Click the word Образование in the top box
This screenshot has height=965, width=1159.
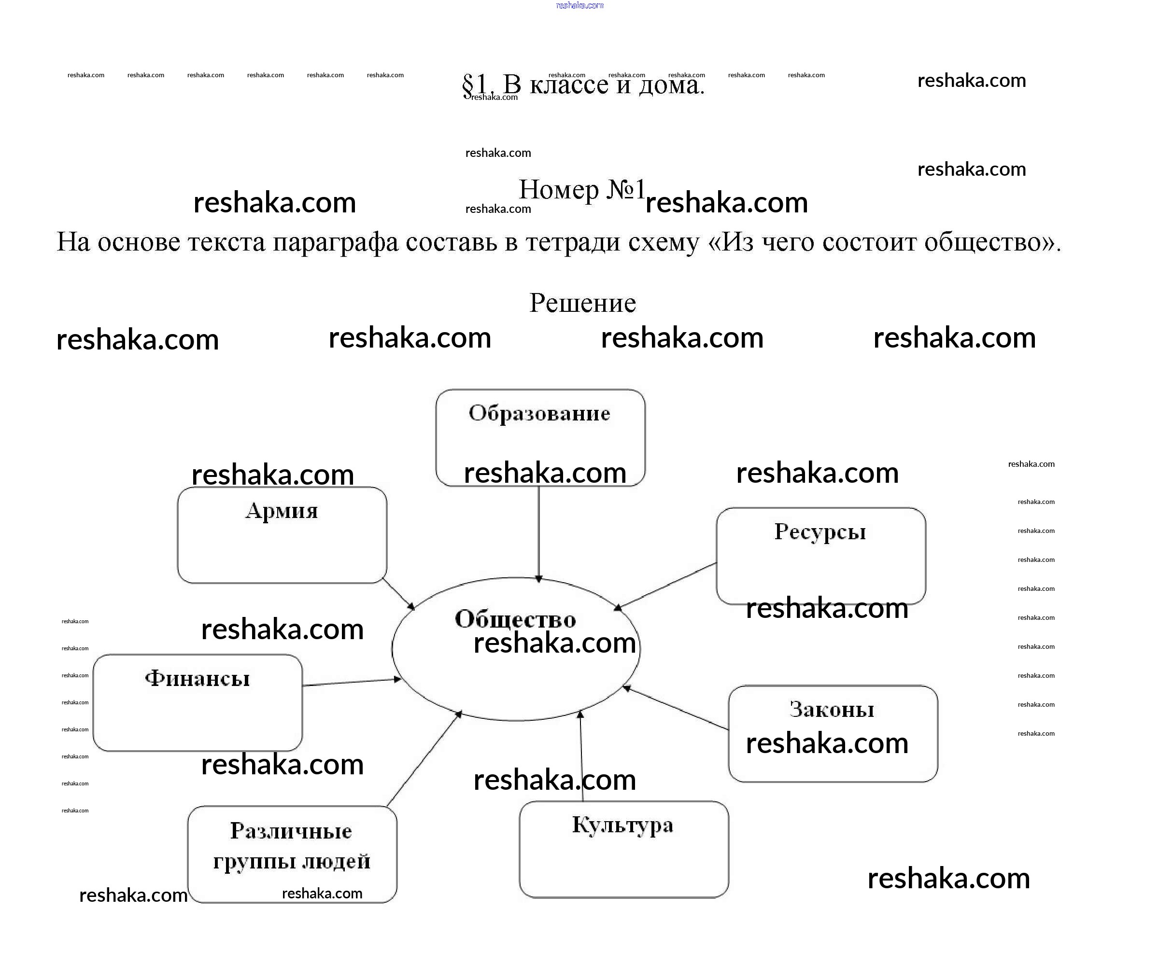click(539, 413)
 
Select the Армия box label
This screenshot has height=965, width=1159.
click(282, 511)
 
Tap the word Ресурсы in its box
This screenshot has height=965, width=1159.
click(820, 532)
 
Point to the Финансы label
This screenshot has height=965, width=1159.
click(197, 679)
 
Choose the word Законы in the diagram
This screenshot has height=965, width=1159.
click(832, 710)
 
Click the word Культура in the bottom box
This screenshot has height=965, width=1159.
click(622, 825)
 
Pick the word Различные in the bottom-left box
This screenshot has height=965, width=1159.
click(291, 831)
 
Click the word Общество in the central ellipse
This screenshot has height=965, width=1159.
click(515, 619)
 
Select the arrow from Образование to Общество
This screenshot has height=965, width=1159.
click(538, 532)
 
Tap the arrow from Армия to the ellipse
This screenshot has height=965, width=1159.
click(398, 594)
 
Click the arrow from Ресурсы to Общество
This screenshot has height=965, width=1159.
click(667, 586)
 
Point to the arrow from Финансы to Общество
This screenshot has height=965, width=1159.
click(352, 683)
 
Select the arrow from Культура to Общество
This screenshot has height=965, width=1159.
click(581, 756)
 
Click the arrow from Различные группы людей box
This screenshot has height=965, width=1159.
click(424, 759)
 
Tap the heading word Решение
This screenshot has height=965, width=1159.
click(582, 303)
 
